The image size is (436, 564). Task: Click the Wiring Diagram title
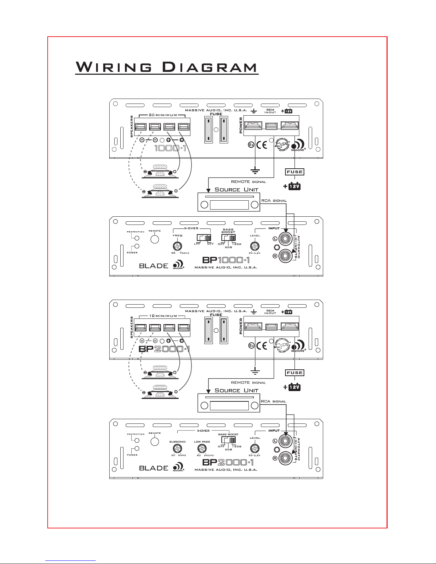(x=167, y=67)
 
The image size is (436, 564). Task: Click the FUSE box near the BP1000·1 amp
(x=295, y=172)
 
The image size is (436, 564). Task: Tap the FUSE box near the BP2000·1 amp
(x=295, y=373)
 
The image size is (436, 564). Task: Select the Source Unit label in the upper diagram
(x=236, y=189)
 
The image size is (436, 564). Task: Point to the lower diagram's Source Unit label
(x=236, y=390)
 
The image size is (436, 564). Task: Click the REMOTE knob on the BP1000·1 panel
(x=154, y=239)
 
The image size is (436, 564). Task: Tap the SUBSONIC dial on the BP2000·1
(x=175, y=448)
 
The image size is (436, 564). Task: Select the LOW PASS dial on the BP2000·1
(x=202, y=448)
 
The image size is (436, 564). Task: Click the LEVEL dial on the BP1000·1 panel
(x=254, y=246)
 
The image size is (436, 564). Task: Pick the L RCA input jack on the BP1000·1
(x=285, y=239)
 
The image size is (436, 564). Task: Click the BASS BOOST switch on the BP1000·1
(x=228, y=237)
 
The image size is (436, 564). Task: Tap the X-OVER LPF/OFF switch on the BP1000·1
(x=204, y=237)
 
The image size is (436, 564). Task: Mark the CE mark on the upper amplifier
(x=262, y=146)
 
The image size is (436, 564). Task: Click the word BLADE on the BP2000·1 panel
(x=153, y=468)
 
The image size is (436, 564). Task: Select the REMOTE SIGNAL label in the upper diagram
(x=248, y=182)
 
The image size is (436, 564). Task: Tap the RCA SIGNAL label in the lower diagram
(x=274, y=401)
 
